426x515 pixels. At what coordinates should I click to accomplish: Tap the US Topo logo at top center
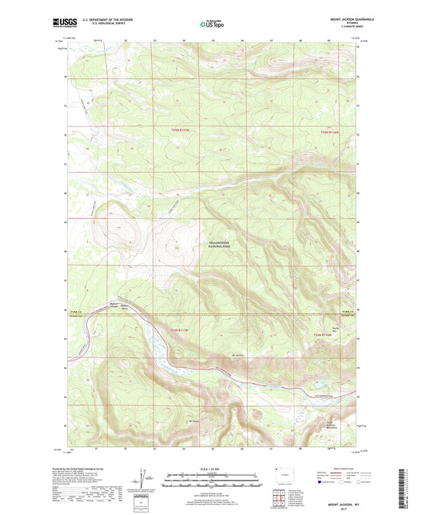click(x=211, y=24)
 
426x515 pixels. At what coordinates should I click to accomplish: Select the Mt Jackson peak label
click(x=237, y=354)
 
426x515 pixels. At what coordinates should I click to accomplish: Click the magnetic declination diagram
click(x=146, y=482)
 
